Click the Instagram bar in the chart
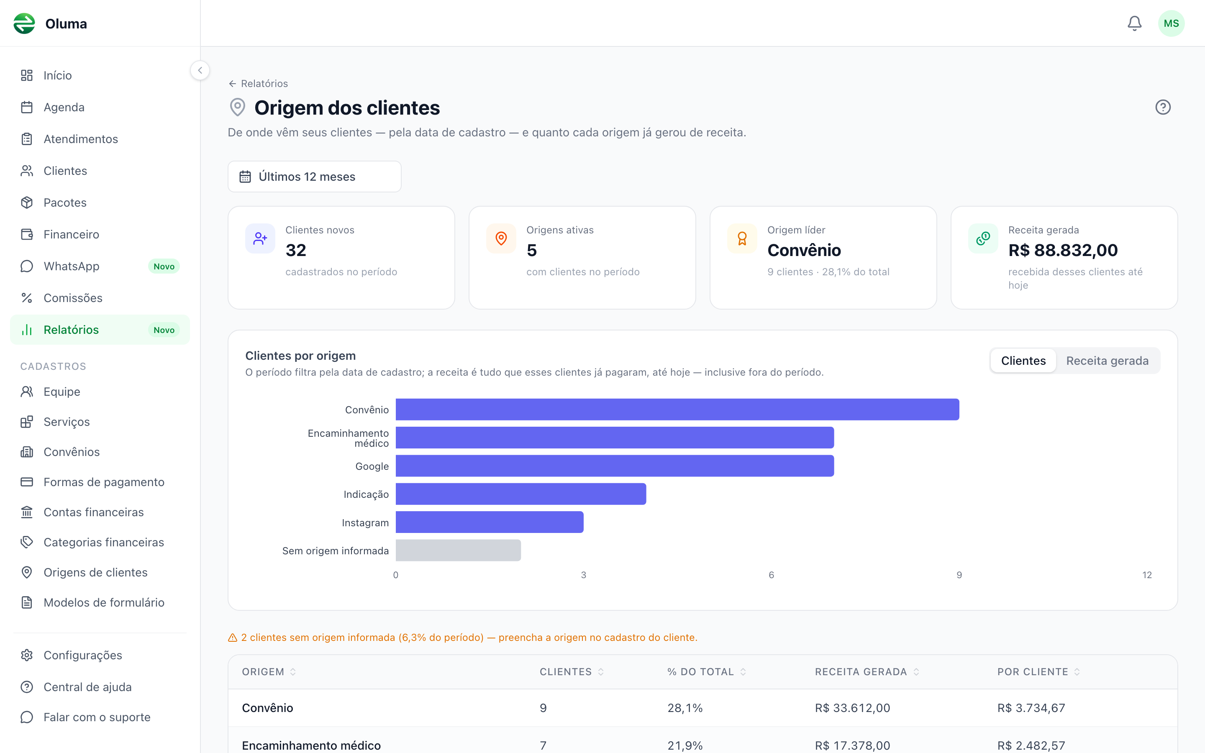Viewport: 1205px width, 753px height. pos(490,522)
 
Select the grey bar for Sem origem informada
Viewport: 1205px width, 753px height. pos(458,550)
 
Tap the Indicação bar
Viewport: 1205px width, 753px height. pos(521,494)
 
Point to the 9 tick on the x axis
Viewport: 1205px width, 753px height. pos(959,575)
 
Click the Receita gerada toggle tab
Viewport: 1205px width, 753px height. pos(1107,361)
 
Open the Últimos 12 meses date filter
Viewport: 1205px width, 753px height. pos(314,176)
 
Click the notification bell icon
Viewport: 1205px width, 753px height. pos(1134,23)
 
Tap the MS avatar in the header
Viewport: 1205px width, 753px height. pos(1171,23)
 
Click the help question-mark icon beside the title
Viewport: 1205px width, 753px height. pos(1163,107)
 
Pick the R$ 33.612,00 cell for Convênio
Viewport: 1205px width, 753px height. pos(852,708)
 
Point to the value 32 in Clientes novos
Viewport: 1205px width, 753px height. pos(296,250)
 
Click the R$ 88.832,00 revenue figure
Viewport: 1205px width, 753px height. pos(1063,250)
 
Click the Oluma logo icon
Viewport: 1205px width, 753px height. pos(24,23)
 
